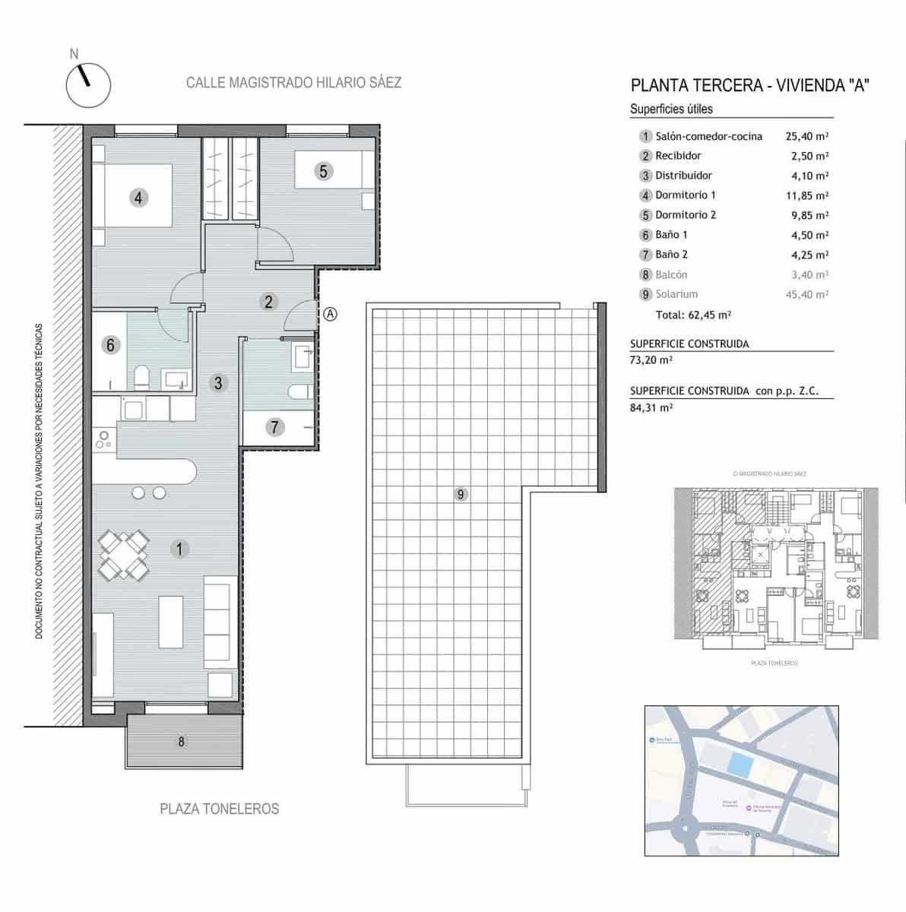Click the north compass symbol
coord(88,84)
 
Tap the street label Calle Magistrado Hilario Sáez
coord(293,83)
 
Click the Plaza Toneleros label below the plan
coord(219,809)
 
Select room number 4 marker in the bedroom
coord(138,198)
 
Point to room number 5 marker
coord(323,172)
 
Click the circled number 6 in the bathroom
coord(110,345)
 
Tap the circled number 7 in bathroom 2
coord(275,427)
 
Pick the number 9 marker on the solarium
coord(461,495)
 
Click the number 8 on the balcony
coord(181,742)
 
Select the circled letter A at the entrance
coord(330,313)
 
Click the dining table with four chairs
coord(123,556)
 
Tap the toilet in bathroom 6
coord(141,377)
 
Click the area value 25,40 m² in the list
coord(806,137)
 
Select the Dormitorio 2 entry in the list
coord(686,215)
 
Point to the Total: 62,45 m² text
coord(693,315)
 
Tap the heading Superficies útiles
coord(671,109)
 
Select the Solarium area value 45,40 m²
coord(806,294)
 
